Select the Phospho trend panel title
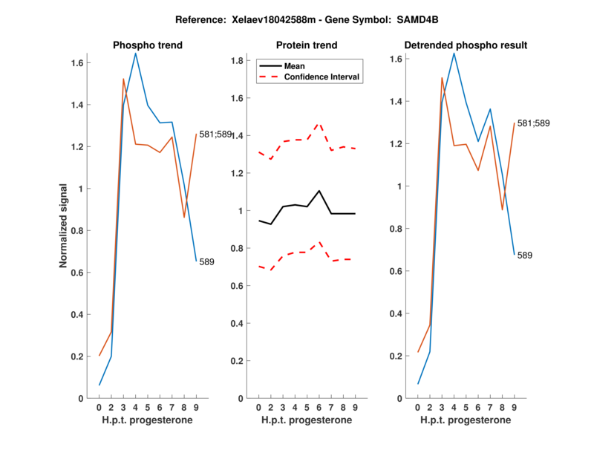[x=148, y=45]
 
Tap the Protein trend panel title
[x=307, y=45]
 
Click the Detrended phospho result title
[x=466, y=45]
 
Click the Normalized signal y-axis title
[x=65, y=226]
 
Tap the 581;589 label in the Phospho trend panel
[x=215, y=134]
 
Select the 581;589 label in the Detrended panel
[x=535, y=123]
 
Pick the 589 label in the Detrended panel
[x=525, y=255]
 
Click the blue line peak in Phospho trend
[x=135, y=53]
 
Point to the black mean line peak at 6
[x=319, y=191]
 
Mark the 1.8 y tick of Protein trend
[x=241, y=60]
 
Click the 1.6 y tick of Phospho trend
[x=81, y=63]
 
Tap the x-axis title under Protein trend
[x=307, y=420]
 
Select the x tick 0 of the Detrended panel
[x=417, y=407]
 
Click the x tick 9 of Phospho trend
[x=197, y=407]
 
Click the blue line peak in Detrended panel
[x=454, y=53]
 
